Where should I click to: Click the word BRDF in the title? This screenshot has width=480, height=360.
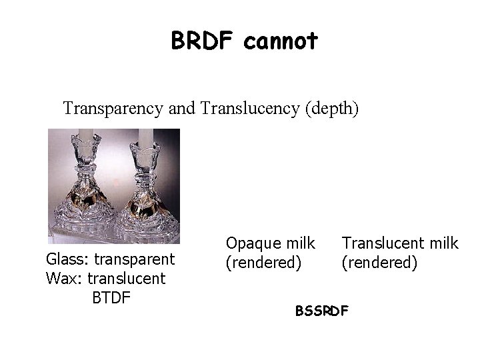pos(203,41)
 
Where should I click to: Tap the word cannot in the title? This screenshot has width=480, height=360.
pos(281,41)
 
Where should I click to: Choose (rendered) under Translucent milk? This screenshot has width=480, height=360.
pos(380,263)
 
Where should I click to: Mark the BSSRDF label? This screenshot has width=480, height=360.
pos(321,311)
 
